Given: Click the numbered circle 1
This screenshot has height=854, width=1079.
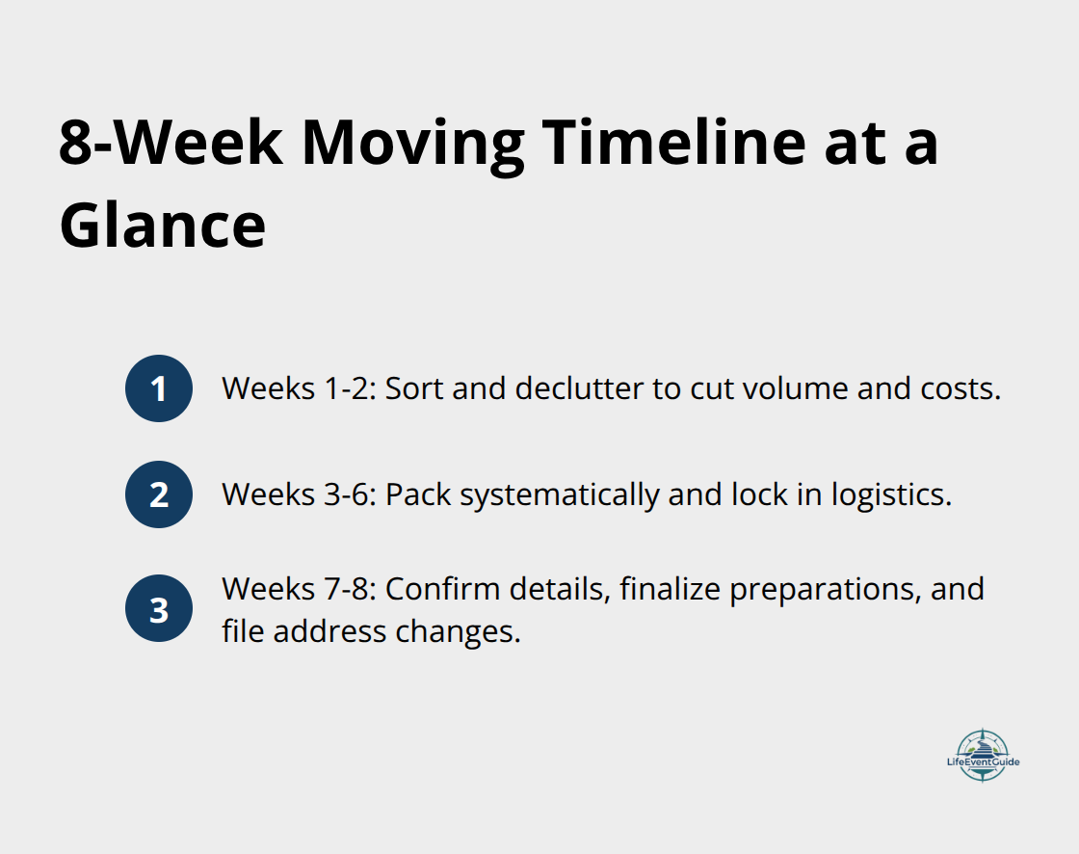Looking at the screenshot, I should tap(159, 388).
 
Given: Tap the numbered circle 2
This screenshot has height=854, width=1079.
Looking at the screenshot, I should tap(159, 494).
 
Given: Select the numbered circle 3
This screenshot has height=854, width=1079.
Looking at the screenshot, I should tap(159, 609).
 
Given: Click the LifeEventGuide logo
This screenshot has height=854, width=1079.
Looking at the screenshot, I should tap(983, 755).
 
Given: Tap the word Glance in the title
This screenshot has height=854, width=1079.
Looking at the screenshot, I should tap(162, 227).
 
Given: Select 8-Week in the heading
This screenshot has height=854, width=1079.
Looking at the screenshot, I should tap(171, 144).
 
